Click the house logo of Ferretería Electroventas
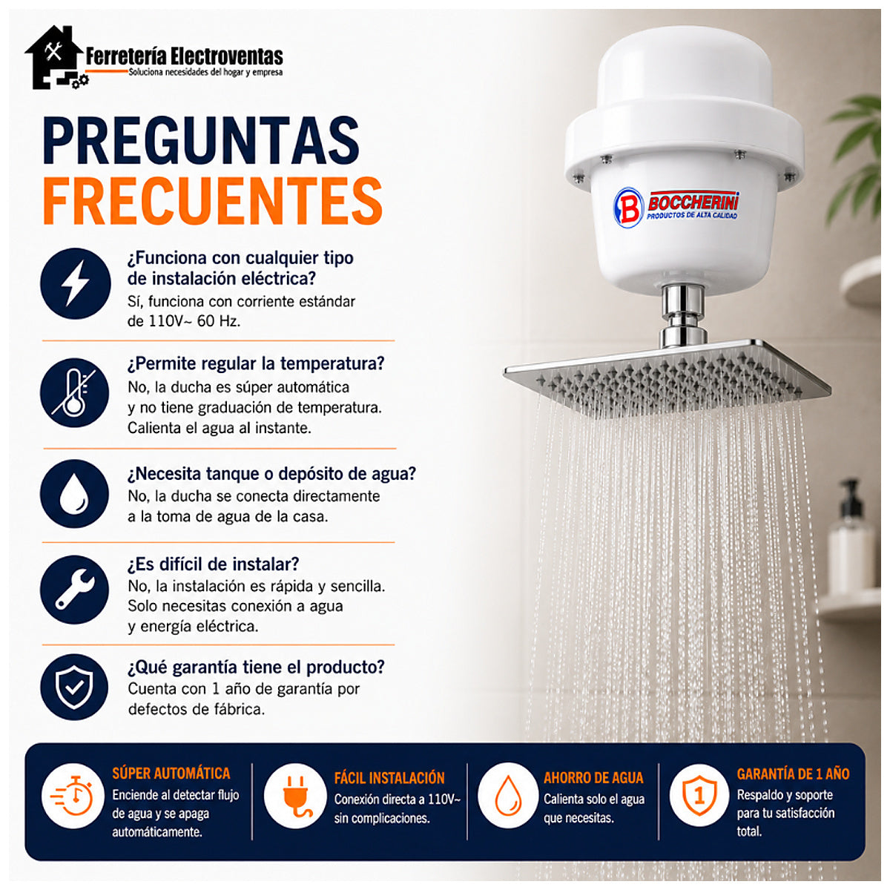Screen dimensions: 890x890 tap(56, 57)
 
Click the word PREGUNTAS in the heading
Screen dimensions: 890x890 tap(201, 140)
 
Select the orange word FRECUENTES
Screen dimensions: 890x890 tap(212, 201)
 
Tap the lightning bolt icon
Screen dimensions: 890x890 tap(76, 283)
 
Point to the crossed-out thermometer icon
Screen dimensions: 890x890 tap(74, 392)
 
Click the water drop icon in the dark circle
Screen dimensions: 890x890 tap(74, 493)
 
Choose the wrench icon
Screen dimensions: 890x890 tap(75, 589)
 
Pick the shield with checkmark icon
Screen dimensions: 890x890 tap(74, 688)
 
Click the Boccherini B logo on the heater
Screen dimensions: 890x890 tap(628, 208)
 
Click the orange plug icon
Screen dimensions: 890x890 tap(295, 796)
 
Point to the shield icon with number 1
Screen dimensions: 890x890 tap(699, 795)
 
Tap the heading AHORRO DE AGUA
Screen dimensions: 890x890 tap(593, 778)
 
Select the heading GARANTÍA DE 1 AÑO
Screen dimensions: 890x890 tap(793, 774)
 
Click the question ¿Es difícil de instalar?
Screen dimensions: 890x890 tap(214, 564)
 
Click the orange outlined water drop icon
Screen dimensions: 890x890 tap(508, 795)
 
